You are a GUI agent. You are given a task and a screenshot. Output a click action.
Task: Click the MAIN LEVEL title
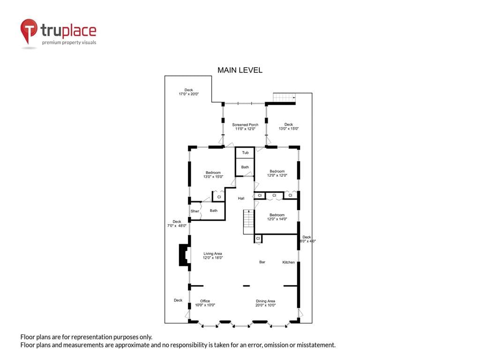point(240,70)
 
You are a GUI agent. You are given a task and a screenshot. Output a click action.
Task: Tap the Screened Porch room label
point(245,125)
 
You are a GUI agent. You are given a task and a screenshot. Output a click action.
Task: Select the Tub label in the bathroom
point(245,152)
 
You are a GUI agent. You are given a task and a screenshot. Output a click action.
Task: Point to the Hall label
point(241,198)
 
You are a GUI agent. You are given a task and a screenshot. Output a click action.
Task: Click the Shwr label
point(195,211)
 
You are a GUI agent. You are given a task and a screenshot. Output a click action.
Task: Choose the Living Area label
point(213,254)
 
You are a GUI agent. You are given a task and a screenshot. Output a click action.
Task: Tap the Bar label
point(262,262)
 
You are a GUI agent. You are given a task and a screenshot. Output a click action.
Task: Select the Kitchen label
point(288,262)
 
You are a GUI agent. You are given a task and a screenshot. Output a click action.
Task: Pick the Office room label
point(205,301)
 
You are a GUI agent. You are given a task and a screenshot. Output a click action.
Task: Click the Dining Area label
point(265,301)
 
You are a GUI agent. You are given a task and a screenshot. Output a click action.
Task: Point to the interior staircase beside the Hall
point(248,222)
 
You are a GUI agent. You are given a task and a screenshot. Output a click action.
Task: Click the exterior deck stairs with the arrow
point(285,97)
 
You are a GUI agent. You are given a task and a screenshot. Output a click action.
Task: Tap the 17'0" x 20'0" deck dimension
point(188,94)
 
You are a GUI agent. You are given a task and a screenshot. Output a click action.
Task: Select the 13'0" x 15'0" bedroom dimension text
point(213,177)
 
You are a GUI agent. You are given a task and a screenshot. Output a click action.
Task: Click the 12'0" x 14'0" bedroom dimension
point(277,219)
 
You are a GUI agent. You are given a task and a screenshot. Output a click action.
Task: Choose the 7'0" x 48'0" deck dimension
point(177,225)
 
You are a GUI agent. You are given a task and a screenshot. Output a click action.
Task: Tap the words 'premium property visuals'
point(69,43)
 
